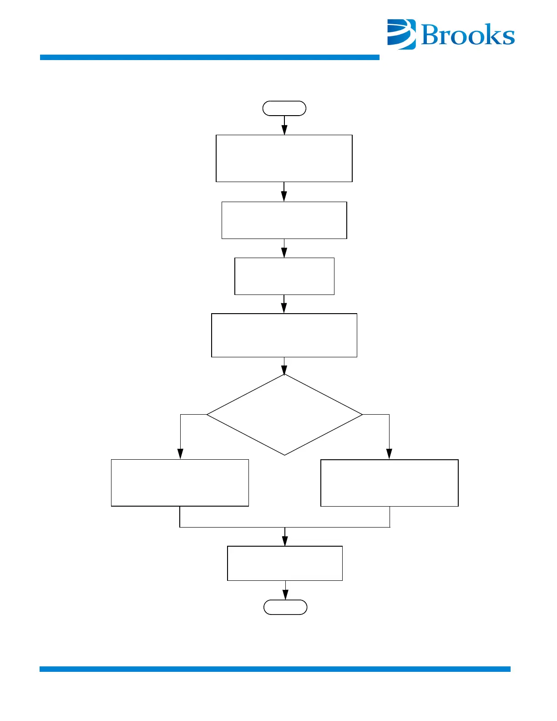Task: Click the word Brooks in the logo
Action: coord(468,35)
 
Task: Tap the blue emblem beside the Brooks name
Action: coord(401,34)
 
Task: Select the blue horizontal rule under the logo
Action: coord(209,57)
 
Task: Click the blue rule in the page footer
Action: coord(275,669)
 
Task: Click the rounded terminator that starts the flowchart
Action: coord(284,108)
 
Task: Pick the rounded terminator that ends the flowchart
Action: coord(285,607)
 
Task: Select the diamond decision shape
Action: coord(284,415)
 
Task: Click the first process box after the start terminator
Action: coord(284,158)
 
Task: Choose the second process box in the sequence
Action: coord(284,220)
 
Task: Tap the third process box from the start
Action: coord(284,276)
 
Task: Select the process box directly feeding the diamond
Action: coord(284,335)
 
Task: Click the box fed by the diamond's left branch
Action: coord(180,483)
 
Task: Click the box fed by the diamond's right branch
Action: coord(389,483)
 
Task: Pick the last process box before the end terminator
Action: coord(285,563)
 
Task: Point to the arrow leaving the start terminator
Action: coord(284,125)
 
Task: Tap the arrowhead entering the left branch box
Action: coord(180,454)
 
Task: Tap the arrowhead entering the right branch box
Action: coord(389,454)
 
